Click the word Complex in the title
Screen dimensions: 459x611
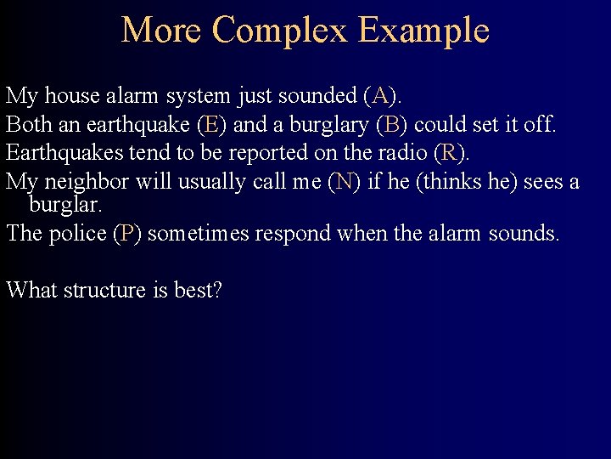pyautogui.click(x=279, y=31)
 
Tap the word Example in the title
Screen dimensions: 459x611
pyautogui.click(x=423, y=31)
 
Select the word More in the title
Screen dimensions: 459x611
pyautogui.click(x=161, y=31)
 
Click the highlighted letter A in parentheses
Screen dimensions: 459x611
pyautogui.click(x=380, y=96)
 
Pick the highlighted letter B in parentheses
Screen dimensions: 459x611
pyautogui.click(x=391, y=125)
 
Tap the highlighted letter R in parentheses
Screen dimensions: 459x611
pyautogui.click(x=448, y=153)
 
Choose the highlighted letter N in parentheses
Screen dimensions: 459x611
pyautogui.click(x=344, y=181)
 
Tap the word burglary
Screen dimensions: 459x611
pyautogui.click(x=329, y=126)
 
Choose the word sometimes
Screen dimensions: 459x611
pyautogui.click(x=199, y=234)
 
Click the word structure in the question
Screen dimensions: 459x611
pyautogui.click(x=104, y=290)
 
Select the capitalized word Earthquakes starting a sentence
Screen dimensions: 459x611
pyautogui.click(x=60, y=153)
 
